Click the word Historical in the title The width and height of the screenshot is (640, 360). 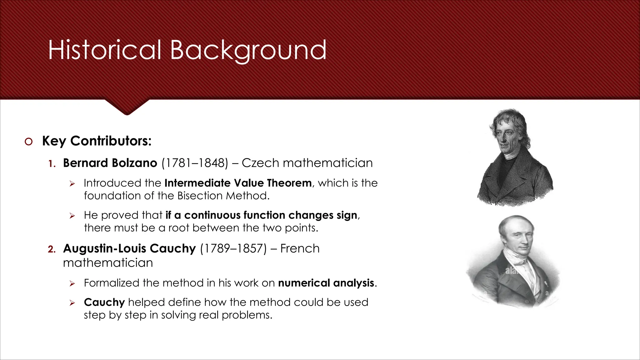(x=104, y=50)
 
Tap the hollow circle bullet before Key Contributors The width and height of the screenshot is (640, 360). (x=28, y=142)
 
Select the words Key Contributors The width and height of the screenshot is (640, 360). (x=97, y=141)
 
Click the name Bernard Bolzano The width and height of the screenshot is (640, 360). (x=110, y=163)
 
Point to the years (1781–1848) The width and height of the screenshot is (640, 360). (x=195, y=163)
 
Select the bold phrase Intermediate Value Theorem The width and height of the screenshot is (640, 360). (x=238, y=183)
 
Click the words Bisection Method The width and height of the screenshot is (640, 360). (x=223, y=196)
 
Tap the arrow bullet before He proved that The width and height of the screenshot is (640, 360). (x=72, y=216)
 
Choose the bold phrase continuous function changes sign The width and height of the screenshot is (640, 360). (x=271, y=215)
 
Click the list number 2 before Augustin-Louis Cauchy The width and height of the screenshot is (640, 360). (x=52, y=249)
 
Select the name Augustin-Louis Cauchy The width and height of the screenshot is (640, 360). (x=129, y=249)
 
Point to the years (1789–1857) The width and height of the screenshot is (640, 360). (x=233, y=249)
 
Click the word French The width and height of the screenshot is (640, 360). (x=300, y=249)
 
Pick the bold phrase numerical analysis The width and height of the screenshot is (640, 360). (x=326, y=283)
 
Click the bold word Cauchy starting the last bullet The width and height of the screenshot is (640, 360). (x=104, y=302)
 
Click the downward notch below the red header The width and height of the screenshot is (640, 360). (x=127, y=108)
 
